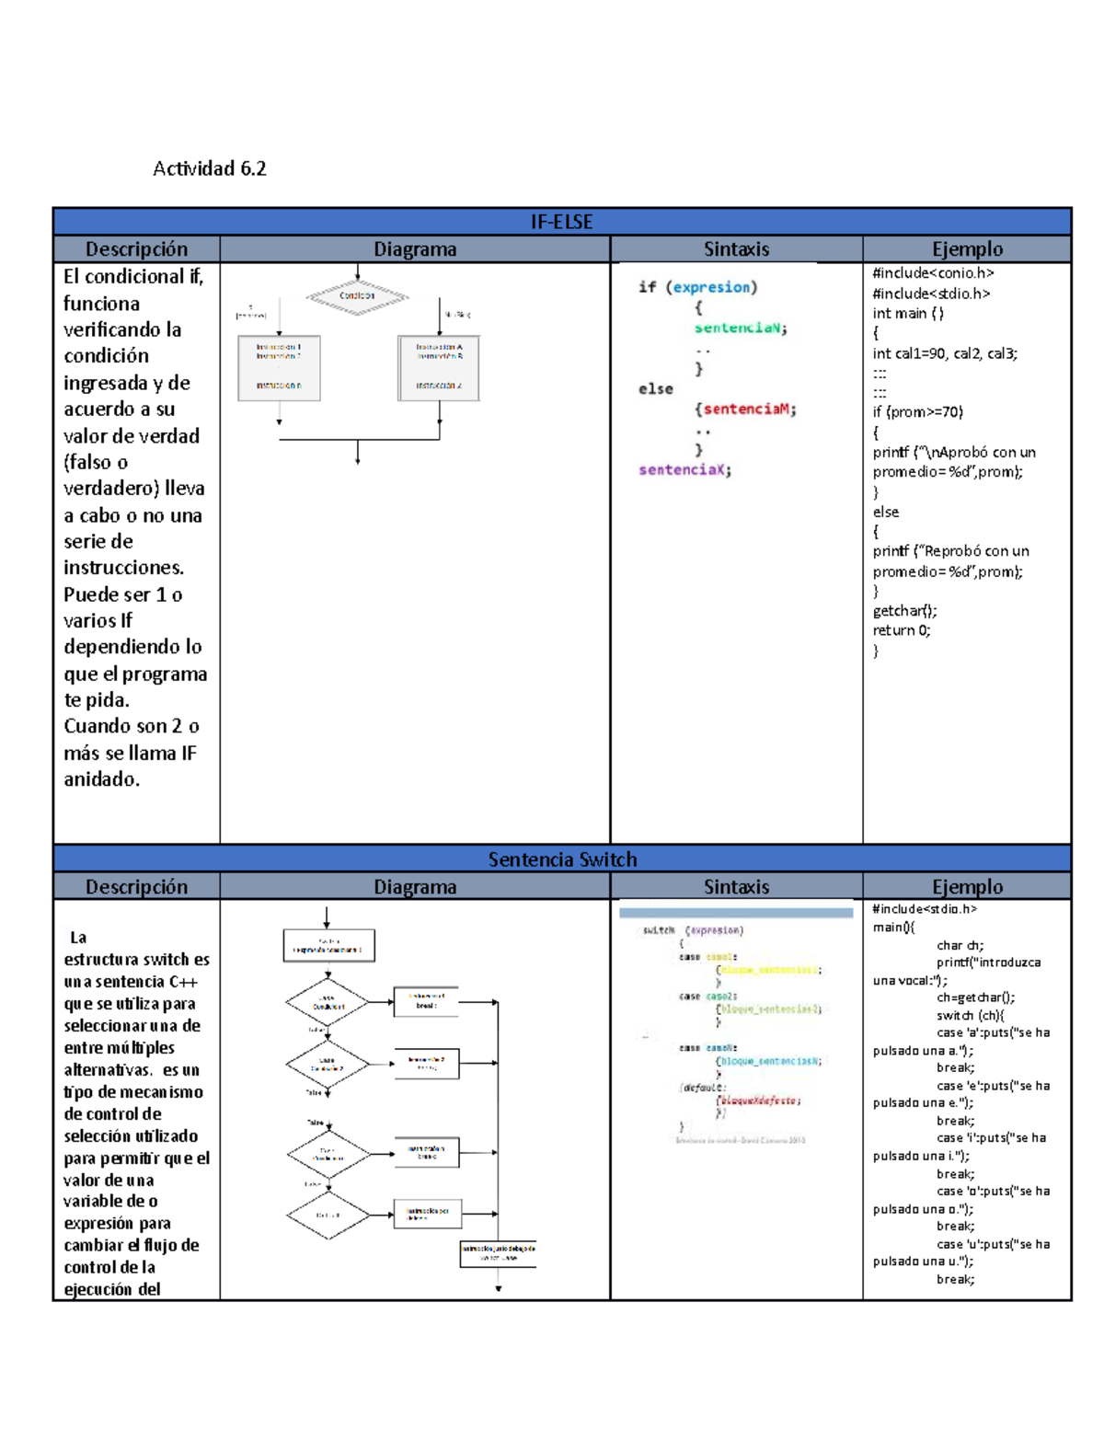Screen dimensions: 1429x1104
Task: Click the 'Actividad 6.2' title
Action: pyautogui.click(x=210, y=168)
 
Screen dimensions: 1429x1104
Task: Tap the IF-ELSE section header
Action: pyautogui.click(x=561, y=222)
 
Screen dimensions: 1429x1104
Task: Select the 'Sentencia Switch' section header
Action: pyautogui.click(x=561, y=859)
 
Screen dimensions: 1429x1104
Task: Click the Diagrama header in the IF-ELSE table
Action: pyautogui.click(x=415, y=249)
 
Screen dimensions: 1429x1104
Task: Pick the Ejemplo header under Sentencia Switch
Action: pyautogui.click(x=967, y=887)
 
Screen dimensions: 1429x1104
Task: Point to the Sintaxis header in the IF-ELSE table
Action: pyautogui.click(x=736, y=249)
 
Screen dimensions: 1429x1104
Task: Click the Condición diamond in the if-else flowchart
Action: pyautogui.click(x=357, y=296)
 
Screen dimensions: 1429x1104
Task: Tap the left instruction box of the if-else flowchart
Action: pyautogui.click(x=279, y=368)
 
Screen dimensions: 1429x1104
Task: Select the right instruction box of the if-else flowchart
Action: pyautogui.click(x=439, y=368)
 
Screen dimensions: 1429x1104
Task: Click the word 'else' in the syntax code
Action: pyautogui.click(x=656, y=389)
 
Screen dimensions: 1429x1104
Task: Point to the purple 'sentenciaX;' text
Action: pyautogui.click(x=685, y=470)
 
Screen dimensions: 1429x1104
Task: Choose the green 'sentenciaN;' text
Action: pyautogui.click(x=741, y=328)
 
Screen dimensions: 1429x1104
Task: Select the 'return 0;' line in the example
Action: pyautogui.click(x=902, y=630)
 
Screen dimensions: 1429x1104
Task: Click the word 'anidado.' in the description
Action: pyautogui.click(x=101, y=779)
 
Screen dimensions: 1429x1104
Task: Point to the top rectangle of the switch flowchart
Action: pyautogui.click(x=328, y=945)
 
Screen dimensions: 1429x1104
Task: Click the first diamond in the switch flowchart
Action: pyautogui.click(x=327, y=1002)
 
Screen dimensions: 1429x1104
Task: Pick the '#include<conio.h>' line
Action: pyautogui.click(x=933, y=273)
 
